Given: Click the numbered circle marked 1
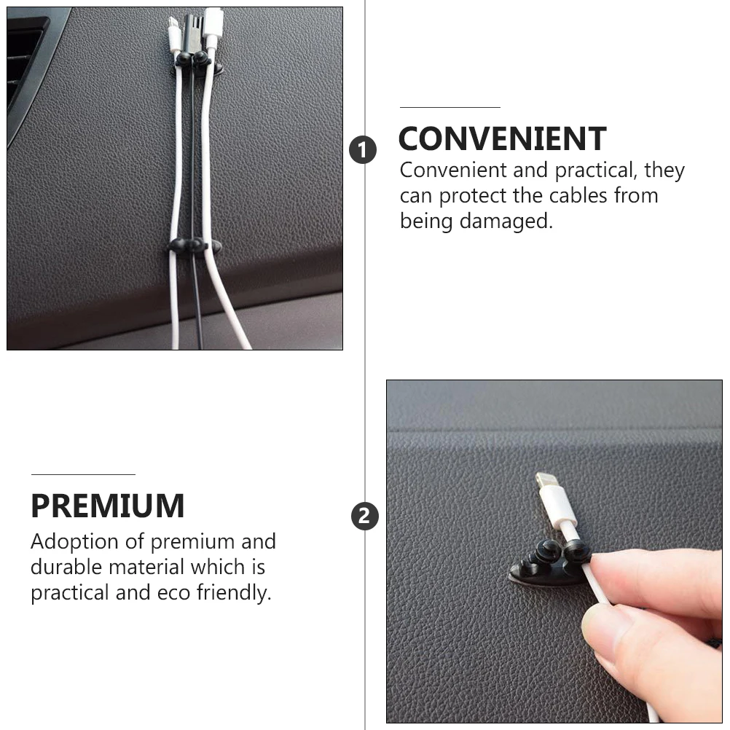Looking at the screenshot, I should [363, 151].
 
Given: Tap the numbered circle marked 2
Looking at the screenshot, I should [365, 517].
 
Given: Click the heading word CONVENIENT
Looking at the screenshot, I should [502, 139].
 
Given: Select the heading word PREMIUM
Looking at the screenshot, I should [108, 506].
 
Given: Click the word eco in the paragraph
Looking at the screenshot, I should [174, 592].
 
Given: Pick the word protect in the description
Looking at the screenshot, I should [473, 196].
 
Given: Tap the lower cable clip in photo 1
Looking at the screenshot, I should [195, 246].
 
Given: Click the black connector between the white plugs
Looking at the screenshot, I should [192, 33].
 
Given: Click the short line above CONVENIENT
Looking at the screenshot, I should [450, 107].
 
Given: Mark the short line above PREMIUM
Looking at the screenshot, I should [83, 474].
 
